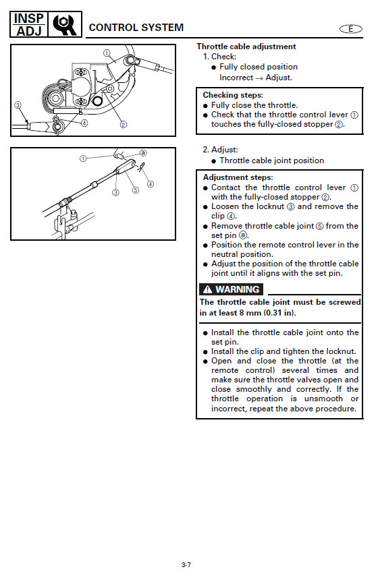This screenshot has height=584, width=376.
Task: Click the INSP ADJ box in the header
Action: [29, 24]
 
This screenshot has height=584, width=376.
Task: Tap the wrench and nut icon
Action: [65, 24]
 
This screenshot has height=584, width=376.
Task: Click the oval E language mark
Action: [350, 29]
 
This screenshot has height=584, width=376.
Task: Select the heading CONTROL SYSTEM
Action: [136, 28]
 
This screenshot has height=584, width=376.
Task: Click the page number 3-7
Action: [186, 564]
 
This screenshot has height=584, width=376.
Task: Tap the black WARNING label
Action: [231, 289]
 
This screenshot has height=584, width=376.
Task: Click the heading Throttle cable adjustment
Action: [246, 47]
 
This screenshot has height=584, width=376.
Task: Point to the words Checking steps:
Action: [233, 95]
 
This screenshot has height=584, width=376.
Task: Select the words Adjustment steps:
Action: [238, 177]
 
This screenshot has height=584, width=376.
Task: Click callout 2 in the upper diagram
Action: [124, 125]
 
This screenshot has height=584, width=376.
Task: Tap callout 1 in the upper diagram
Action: [107, 53]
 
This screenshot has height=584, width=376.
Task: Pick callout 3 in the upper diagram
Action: [18, 105]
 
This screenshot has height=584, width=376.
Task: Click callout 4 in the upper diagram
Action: [84, 123]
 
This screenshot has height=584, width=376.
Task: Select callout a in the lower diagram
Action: [143, 152]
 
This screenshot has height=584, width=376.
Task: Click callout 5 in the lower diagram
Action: [136, 190]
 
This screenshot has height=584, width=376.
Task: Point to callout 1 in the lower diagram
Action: [83, 158]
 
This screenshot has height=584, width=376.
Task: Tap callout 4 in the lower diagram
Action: [150, 184]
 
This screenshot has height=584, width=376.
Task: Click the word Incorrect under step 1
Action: [236, 78]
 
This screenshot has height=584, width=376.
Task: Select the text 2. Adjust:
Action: [220, 150]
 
